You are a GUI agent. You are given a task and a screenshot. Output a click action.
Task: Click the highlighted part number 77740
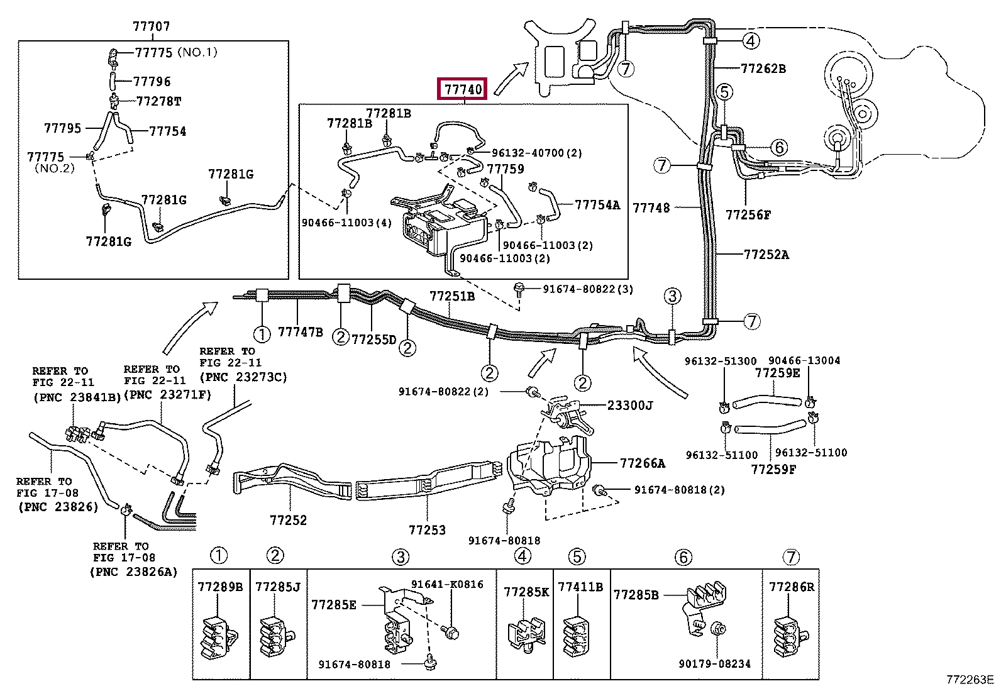pos(463,89)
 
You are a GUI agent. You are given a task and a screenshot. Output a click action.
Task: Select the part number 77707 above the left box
pos(151,26)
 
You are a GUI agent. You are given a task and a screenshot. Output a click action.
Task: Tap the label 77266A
pos(642,463)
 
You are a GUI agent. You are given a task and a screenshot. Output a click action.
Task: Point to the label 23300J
pos(629,406)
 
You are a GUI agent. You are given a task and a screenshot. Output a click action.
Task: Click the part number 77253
pos(427,530)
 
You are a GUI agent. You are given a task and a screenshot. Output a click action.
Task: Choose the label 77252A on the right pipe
pos(766,255)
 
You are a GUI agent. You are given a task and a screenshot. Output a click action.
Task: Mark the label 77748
pos(651,207)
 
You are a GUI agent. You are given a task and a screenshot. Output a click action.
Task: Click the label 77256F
pos(748,215)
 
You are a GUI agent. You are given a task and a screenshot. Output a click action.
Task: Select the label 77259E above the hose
pos(778,373)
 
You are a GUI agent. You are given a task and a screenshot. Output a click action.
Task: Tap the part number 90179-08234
pos(714,664)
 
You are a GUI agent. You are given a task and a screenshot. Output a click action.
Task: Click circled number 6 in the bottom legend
pos(683,557)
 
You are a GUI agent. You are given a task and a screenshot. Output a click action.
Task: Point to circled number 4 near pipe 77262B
pos(751,41)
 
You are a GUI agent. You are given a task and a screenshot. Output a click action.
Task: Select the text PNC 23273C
pos(243,377)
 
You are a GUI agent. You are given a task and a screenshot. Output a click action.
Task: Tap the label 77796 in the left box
pos(152,82)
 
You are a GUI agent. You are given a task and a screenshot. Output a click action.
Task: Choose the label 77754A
pos(597,205)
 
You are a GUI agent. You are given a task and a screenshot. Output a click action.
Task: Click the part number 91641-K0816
pos(447,584)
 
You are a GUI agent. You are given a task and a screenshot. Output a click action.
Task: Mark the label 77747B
pos(300,332)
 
